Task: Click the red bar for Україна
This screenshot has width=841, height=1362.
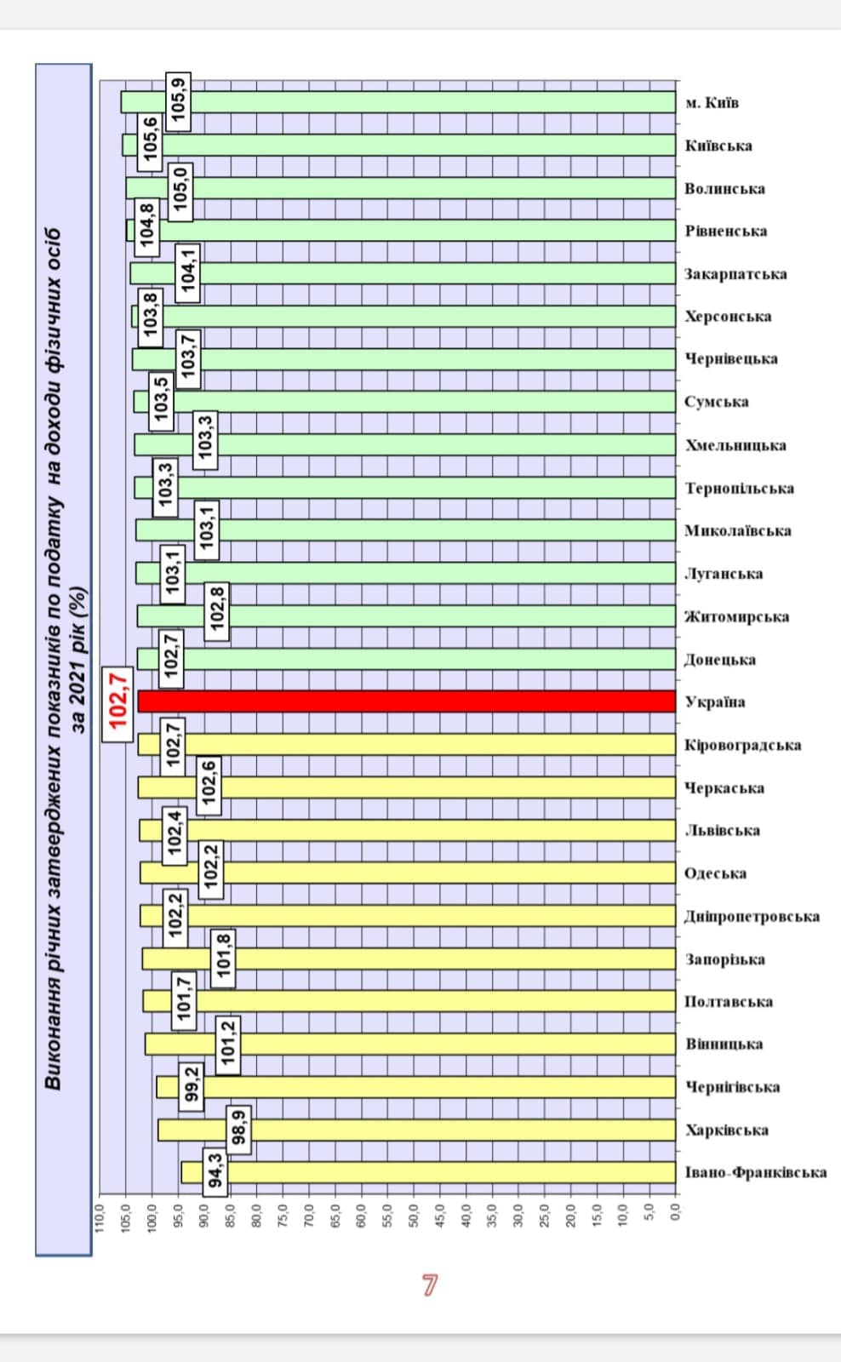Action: click(x=407, y=701)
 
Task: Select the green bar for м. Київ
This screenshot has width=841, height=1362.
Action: click(x=398, y=102)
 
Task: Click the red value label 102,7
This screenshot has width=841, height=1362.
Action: click(x=117, y=701)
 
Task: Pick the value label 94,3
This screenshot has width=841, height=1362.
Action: click(x=215, y=1170)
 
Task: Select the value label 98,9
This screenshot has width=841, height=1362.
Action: click(x=239, y=1127)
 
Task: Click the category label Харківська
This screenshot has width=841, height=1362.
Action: click(x=727, y=1130)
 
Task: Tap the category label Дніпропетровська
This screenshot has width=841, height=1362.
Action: click(x=752, y=917)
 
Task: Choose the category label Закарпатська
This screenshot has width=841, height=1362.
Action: click(x=735, y=274)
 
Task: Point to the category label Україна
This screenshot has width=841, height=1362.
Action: click(x=714, y=702)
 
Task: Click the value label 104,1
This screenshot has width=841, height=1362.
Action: click(x=188, y=272)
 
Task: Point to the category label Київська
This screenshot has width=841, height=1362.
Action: click(x=718, y=146)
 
